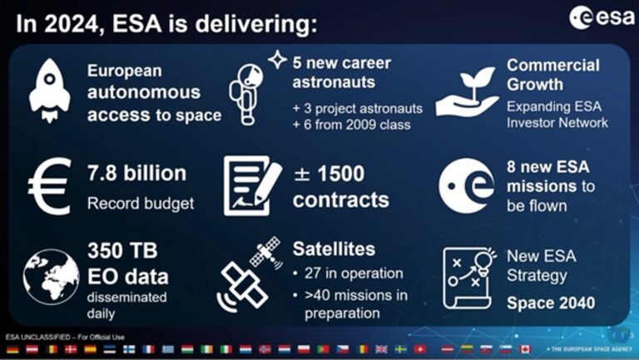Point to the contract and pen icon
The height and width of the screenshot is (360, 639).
pos(253,184)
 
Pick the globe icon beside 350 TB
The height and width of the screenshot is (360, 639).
pos(51,275)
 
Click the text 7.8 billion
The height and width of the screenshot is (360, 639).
pos(136,174)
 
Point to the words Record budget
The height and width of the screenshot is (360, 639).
pos(140,202)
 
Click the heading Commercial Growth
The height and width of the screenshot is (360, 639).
pos(552,74)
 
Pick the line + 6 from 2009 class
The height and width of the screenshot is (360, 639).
pos(347,126)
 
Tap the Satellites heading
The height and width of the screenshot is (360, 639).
pos(334,249)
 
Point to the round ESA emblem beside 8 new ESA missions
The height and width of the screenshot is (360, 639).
pos(468,184)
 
